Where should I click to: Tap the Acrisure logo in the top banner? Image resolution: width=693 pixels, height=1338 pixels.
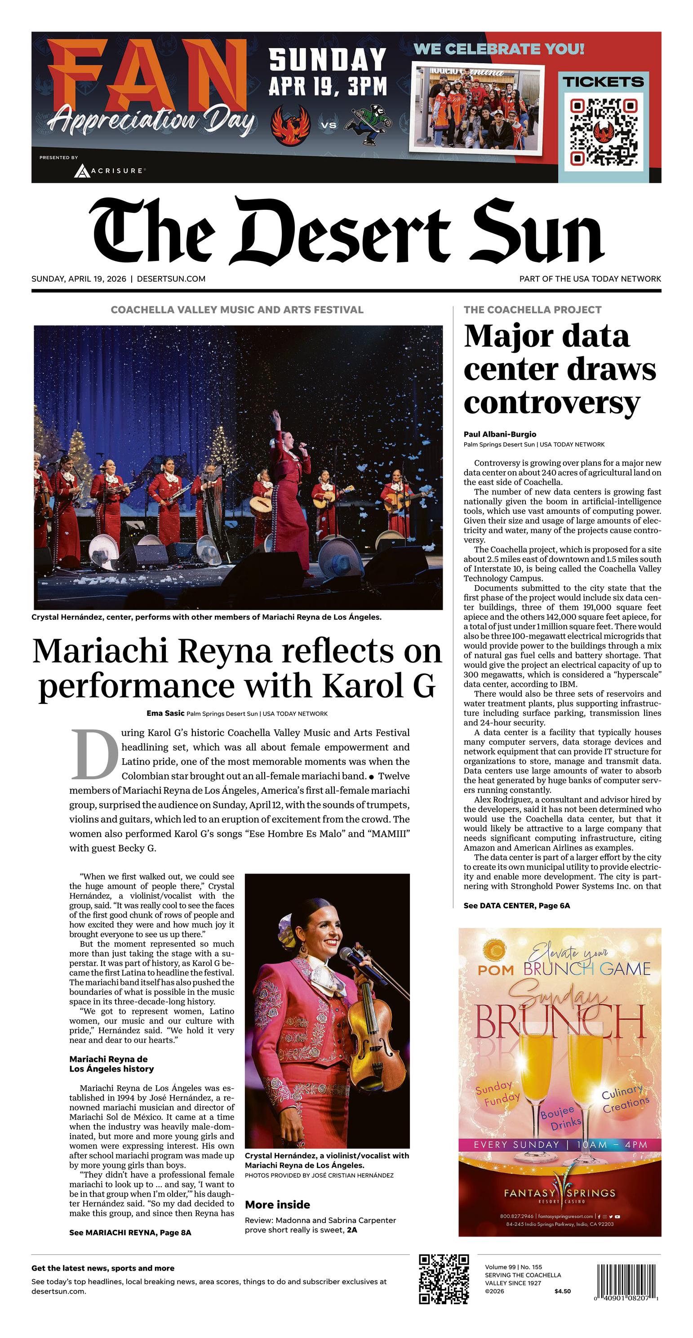[109, 170]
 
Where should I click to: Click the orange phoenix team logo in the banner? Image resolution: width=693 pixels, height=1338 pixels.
[291, 125]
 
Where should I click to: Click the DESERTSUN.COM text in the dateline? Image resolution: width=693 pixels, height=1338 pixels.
[171, 279]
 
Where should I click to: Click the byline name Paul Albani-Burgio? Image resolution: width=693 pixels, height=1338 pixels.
[500, 434]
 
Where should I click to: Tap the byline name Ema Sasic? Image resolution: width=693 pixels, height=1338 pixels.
[165, 713]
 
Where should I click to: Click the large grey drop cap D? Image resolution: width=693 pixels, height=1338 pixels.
[95, 755]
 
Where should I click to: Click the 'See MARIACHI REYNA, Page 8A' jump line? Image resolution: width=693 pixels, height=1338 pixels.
[130, 1232]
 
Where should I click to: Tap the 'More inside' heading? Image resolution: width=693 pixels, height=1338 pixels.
[277, 1205]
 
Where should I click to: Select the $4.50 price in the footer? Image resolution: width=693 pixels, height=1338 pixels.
[563, 1291]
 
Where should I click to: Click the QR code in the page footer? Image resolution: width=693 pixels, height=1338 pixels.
[444, 1279]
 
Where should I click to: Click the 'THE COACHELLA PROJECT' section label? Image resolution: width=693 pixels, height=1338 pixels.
[533, 310]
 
